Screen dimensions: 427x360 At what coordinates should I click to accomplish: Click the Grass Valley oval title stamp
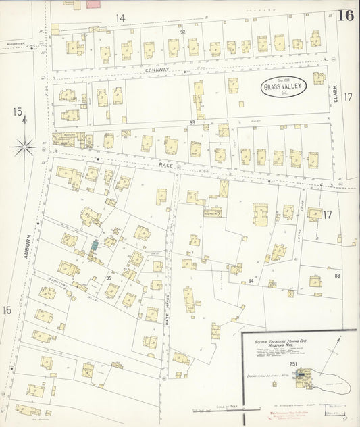pos(285,85)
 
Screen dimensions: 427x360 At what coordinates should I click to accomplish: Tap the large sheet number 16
pos(346,16)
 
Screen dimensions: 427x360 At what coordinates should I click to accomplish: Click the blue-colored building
pos(95,245)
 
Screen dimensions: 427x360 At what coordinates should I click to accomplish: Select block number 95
pos(108,278)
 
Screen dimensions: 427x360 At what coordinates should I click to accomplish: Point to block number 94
pos(251,280)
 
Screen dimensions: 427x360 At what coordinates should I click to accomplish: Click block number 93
pos(192,122)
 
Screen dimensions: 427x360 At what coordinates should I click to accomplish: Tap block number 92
pos(182,32)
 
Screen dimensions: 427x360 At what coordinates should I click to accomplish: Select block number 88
pos(336,275)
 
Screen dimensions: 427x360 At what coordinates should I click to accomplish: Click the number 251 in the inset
pos(292,364)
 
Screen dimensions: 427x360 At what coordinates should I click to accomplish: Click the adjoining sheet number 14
pos(120,18)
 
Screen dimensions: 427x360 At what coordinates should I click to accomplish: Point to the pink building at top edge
pos(93,3)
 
